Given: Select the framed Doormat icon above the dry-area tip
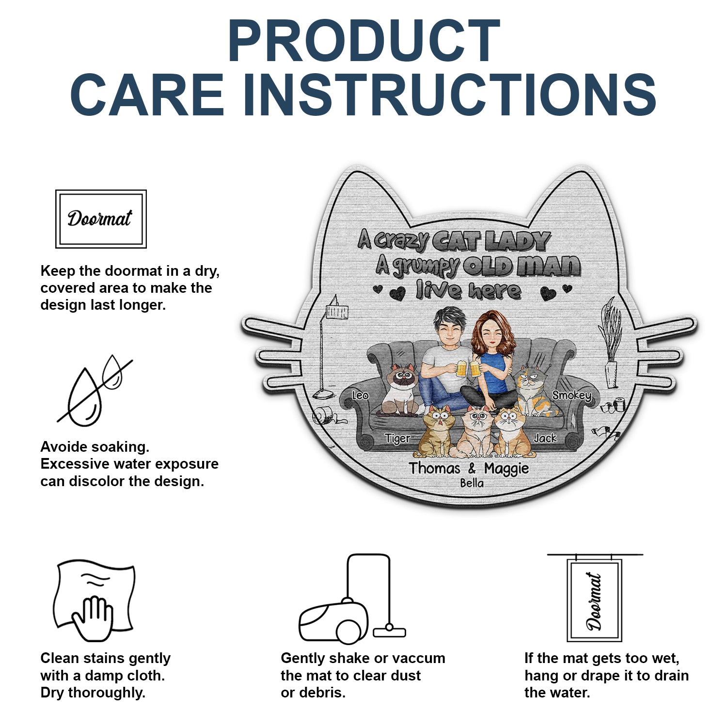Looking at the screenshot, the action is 101,219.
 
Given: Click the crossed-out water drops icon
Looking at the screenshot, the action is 95,390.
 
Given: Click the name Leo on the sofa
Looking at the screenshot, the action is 360,395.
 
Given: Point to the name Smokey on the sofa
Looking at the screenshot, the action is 572,395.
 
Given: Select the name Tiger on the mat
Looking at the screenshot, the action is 397,439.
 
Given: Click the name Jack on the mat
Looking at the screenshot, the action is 545,438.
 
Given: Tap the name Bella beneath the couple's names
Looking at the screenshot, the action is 472,483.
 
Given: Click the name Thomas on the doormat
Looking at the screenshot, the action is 434,468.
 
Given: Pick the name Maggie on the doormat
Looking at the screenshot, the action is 506,469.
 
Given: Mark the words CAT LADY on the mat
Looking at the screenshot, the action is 491,241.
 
